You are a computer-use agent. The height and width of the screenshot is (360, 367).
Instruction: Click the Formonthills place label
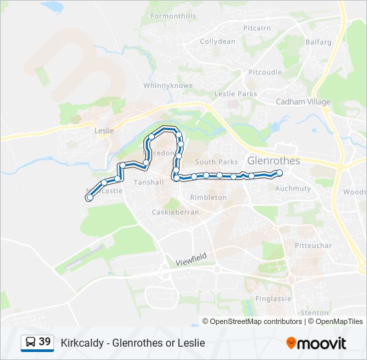173,15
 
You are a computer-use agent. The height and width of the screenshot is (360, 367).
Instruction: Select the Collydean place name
218,41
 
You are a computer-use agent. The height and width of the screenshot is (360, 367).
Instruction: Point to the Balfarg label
318,42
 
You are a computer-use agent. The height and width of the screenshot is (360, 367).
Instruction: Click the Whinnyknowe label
168,86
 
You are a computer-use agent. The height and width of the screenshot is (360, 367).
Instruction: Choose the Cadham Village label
303,102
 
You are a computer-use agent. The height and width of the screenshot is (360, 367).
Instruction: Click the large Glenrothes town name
274,161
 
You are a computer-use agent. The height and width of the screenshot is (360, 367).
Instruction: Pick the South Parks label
216,162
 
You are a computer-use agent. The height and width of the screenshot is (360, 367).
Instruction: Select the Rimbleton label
208,197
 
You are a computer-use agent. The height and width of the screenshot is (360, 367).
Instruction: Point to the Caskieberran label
175,211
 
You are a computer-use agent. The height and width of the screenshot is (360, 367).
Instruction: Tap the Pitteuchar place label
314,245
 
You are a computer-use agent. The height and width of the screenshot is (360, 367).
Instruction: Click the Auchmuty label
294,189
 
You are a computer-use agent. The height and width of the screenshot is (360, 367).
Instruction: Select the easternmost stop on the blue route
280,173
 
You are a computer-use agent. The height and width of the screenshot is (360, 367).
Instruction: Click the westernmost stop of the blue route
89,197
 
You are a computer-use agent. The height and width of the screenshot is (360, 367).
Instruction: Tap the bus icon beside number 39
30,343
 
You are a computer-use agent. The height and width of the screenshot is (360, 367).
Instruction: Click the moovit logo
316,343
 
